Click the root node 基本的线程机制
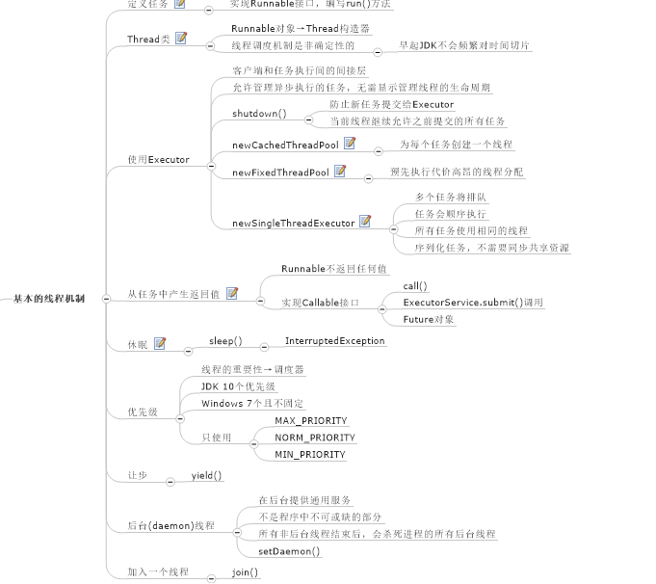[x=49, y=299]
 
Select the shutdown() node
[x=259, y=114]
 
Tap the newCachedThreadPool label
[x=285, y=145]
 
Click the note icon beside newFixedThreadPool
[x=340, y=172]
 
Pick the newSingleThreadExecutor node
[x=294, y=223]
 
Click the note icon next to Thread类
[x=181, y=39]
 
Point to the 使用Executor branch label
[x=158, y=159]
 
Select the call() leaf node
[x=415, y=286]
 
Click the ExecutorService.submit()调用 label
[x=473, y=303]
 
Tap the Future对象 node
[x=429, y=319]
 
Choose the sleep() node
[x=225, y=341]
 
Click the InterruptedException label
[x=334, y=341]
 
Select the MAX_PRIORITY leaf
[x=310, y=421]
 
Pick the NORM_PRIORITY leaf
[x=314, y=438]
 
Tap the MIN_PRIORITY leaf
[x=309, y=454]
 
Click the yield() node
[x=206, y=475]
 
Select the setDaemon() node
[x=289, y=551]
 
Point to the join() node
[x=246, y=572]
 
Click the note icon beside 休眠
[x=160, y=343]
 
